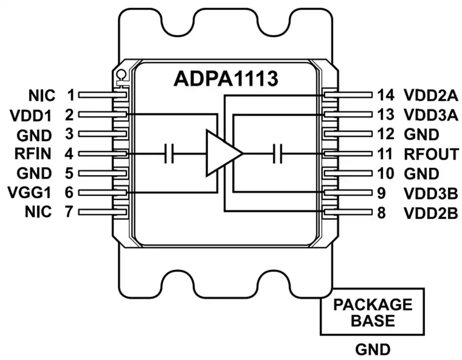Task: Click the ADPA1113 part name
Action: pos(226,79)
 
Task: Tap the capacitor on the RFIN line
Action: pos(169,153)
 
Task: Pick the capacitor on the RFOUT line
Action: pos(277,153)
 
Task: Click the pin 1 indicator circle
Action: pos(121,74)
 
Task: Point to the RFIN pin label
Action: pos(33,154)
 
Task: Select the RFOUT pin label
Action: pos(431,154)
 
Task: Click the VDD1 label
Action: pos(31,116)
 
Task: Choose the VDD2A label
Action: pos(431,95)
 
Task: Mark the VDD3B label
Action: pos(431,194)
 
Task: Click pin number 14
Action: pos(386,95)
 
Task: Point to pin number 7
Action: pos(69,211)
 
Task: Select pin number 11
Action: pos(385,154)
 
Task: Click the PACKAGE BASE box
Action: pos(372,311)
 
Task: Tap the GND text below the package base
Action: pos(372,350)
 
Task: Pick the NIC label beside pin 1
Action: pos(42,95)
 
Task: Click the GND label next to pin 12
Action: pos(422,135)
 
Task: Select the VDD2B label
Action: pos(431,213)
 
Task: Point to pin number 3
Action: pos(69,133)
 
